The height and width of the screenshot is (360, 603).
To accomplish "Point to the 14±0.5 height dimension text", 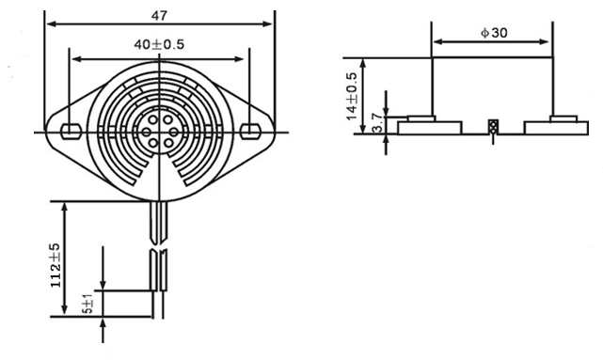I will pos(353,95).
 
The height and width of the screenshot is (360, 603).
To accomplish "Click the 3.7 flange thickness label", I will pos(377,123).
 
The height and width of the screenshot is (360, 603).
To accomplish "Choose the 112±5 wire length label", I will pos(56,264).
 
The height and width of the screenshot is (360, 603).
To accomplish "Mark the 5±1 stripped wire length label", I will pos(88,305).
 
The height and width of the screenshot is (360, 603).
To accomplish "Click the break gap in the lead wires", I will pos(158,250).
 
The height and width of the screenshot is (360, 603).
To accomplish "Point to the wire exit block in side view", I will pos(491,127).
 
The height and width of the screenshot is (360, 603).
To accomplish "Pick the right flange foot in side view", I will pos(555,126).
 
